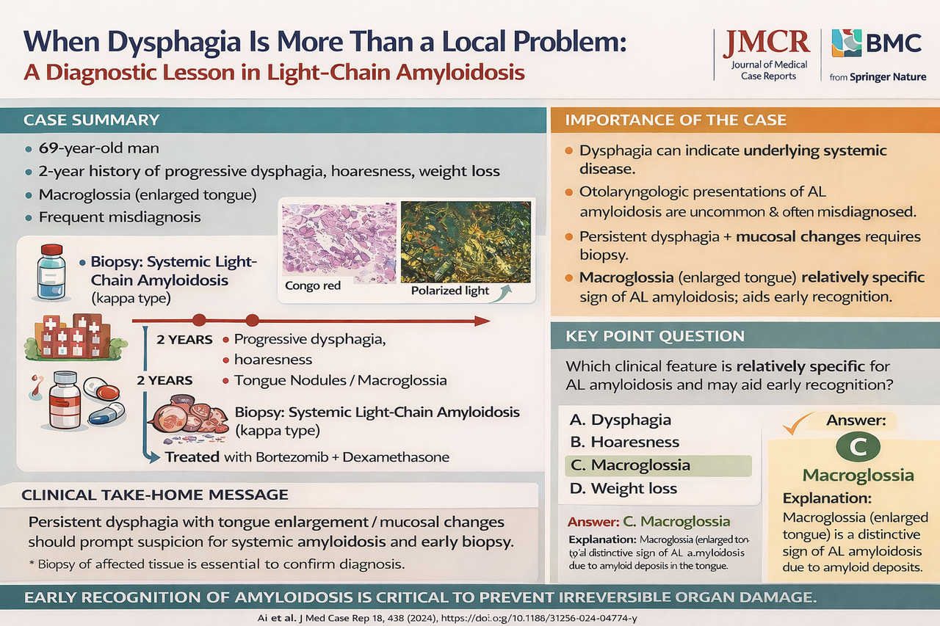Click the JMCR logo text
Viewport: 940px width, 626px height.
(766, 43)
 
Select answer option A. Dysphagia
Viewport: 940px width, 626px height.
(621, 420)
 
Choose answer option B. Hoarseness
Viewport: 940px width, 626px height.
(625, 443)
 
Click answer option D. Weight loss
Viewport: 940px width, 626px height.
(623, 489)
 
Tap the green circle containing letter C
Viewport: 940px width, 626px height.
(857, 445)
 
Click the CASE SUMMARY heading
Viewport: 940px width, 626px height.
(91, 120)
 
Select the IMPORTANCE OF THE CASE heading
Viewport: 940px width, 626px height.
(676, 120)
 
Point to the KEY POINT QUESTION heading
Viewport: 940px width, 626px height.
(655, 336)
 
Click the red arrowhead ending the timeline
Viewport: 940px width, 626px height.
(481, 321)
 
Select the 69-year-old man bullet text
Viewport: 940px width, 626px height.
(99, 148)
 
